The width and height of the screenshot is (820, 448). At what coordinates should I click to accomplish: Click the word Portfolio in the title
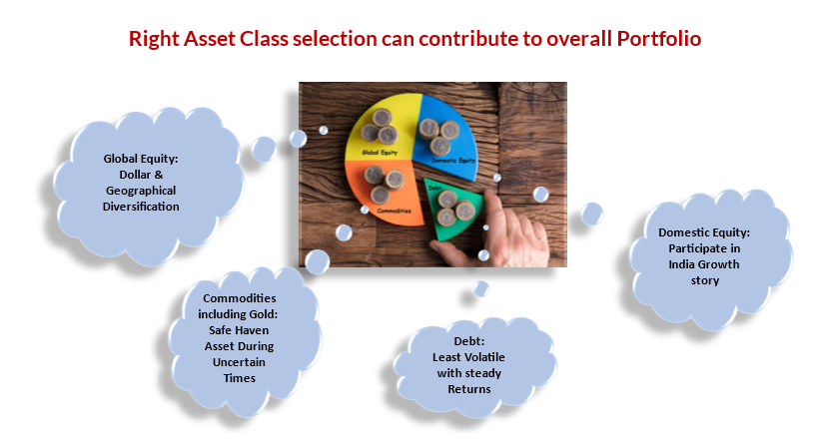point(659,39)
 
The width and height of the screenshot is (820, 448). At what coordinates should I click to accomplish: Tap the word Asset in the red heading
point(209,39)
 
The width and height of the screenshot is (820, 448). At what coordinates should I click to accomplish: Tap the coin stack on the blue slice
point(438,136)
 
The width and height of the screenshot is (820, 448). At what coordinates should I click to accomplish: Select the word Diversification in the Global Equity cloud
point(141,207)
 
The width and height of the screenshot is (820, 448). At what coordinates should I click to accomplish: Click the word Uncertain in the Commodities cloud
point(239,362)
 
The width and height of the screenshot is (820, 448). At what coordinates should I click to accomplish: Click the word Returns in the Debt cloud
point(469,389)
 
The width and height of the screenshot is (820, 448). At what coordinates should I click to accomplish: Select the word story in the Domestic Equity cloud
point(705,281)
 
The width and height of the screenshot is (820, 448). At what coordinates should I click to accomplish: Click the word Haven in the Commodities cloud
point(253,330)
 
